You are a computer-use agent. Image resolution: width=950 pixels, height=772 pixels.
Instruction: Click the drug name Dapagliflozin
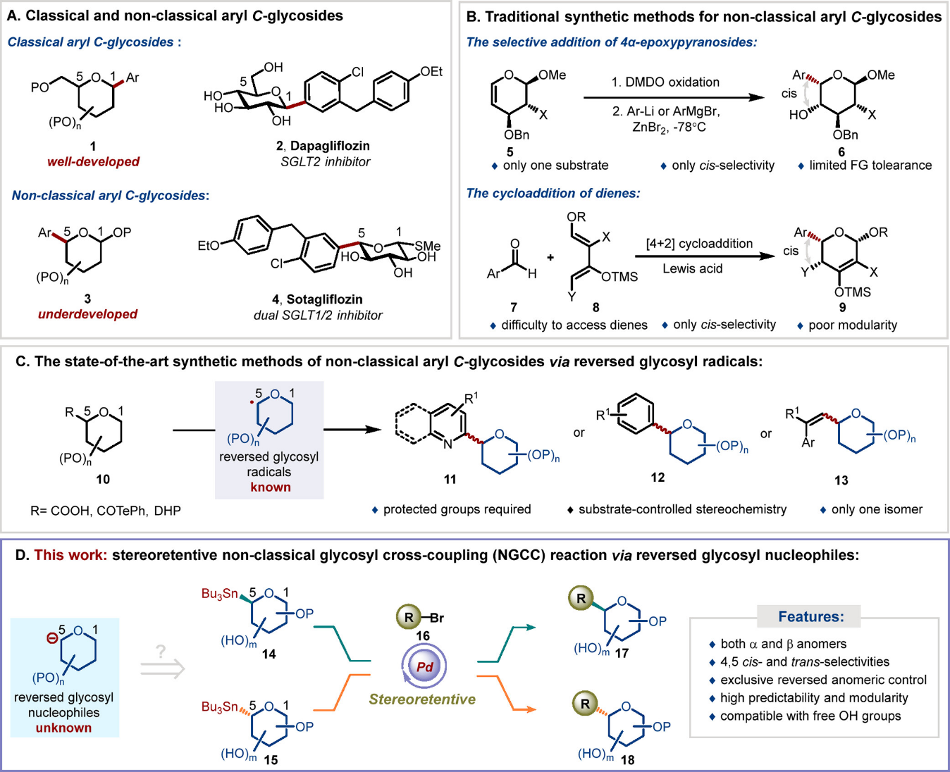[x=330, y=146]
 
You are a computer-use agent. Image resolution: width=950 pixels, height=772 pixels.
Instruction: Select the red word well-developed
[x=93, y=162]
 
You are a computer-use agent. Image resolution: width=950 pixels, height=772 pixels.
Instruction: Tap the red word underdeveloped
[x=87, y=314]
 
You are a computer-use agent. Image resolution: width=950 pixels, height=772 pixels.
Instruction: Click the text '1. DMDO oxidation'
[x=665, y=82]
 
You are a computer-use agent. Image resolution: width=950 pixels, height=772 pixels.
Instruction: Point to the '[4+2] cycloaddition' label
[x=699, y=244]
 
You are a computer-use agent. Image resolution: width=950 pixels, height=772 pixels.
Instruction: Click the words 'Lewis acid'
[x=692, y=268]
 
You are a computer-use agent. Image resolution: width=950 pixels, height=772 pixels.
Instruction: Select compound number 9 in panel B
[x=842, y=307]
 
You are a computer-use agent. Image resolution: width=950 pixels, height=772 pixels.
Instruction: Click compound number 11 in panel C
[x=450, y=479]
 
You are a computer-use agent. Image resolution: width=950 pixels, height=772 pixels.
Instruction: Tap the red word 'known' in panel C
[x=270, y=487]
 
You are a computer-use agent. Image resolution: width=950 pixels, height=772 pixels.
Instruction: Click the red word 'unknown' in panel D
[x=63, y=728]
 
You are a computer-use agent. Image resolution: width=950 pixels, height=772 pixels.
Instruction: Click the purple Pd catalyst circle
[x=424, y=667]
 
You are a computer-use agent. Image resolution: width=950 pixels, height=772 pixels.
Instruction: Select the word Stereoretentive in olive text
[x=422, y=699]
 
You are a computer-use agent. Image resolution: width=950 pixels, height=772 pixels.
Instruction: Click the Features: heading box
[x=810, y=617]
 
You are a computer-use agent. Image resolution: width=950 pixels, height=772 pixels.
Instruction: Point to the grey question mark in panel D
[x=161, y=652]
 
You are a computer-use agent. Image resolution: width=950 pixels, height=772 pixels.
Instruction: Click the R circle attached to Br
[x=409, y=618]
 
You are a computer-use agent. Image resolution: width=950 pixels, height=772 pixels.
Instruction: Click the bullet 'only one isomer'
[x=877, y=509]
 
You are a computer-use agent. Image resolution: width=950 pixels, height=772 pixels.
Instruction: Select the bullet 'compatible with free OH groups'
[x=810, y=716]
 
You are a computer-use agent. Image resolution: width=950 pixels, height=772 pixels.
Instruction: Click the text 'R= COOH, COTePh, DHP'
[x=106, y=511]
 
